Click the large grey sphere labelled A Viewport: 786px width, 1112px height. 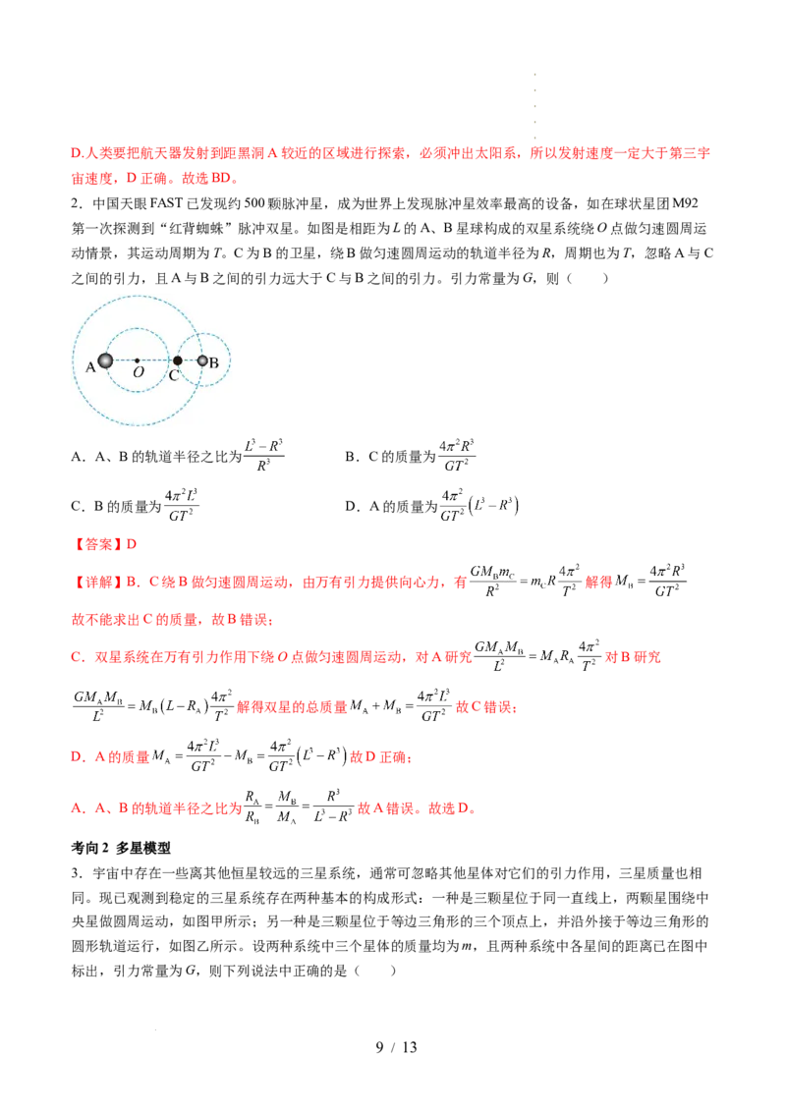[105, 361]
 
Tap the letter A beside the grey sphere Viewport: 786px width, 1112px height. [90, 367]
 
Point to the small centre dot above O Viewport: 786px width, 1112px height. [137, 361]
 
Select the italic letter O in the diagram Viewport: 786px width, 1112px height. [138, 374]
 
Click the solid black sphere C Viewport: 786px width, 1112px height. [177, 361]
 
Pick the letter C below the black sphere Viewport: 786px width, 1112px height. [174, 375]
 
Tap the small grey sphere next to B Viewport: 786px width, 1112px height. [202, 361]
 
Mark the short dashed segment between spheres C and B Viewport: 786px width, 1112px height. [190, 361]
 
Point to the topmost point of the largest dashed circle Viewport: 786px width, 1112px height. [137, 296]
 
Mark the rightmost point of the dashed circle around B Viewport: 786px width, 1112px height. [231, 361]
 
